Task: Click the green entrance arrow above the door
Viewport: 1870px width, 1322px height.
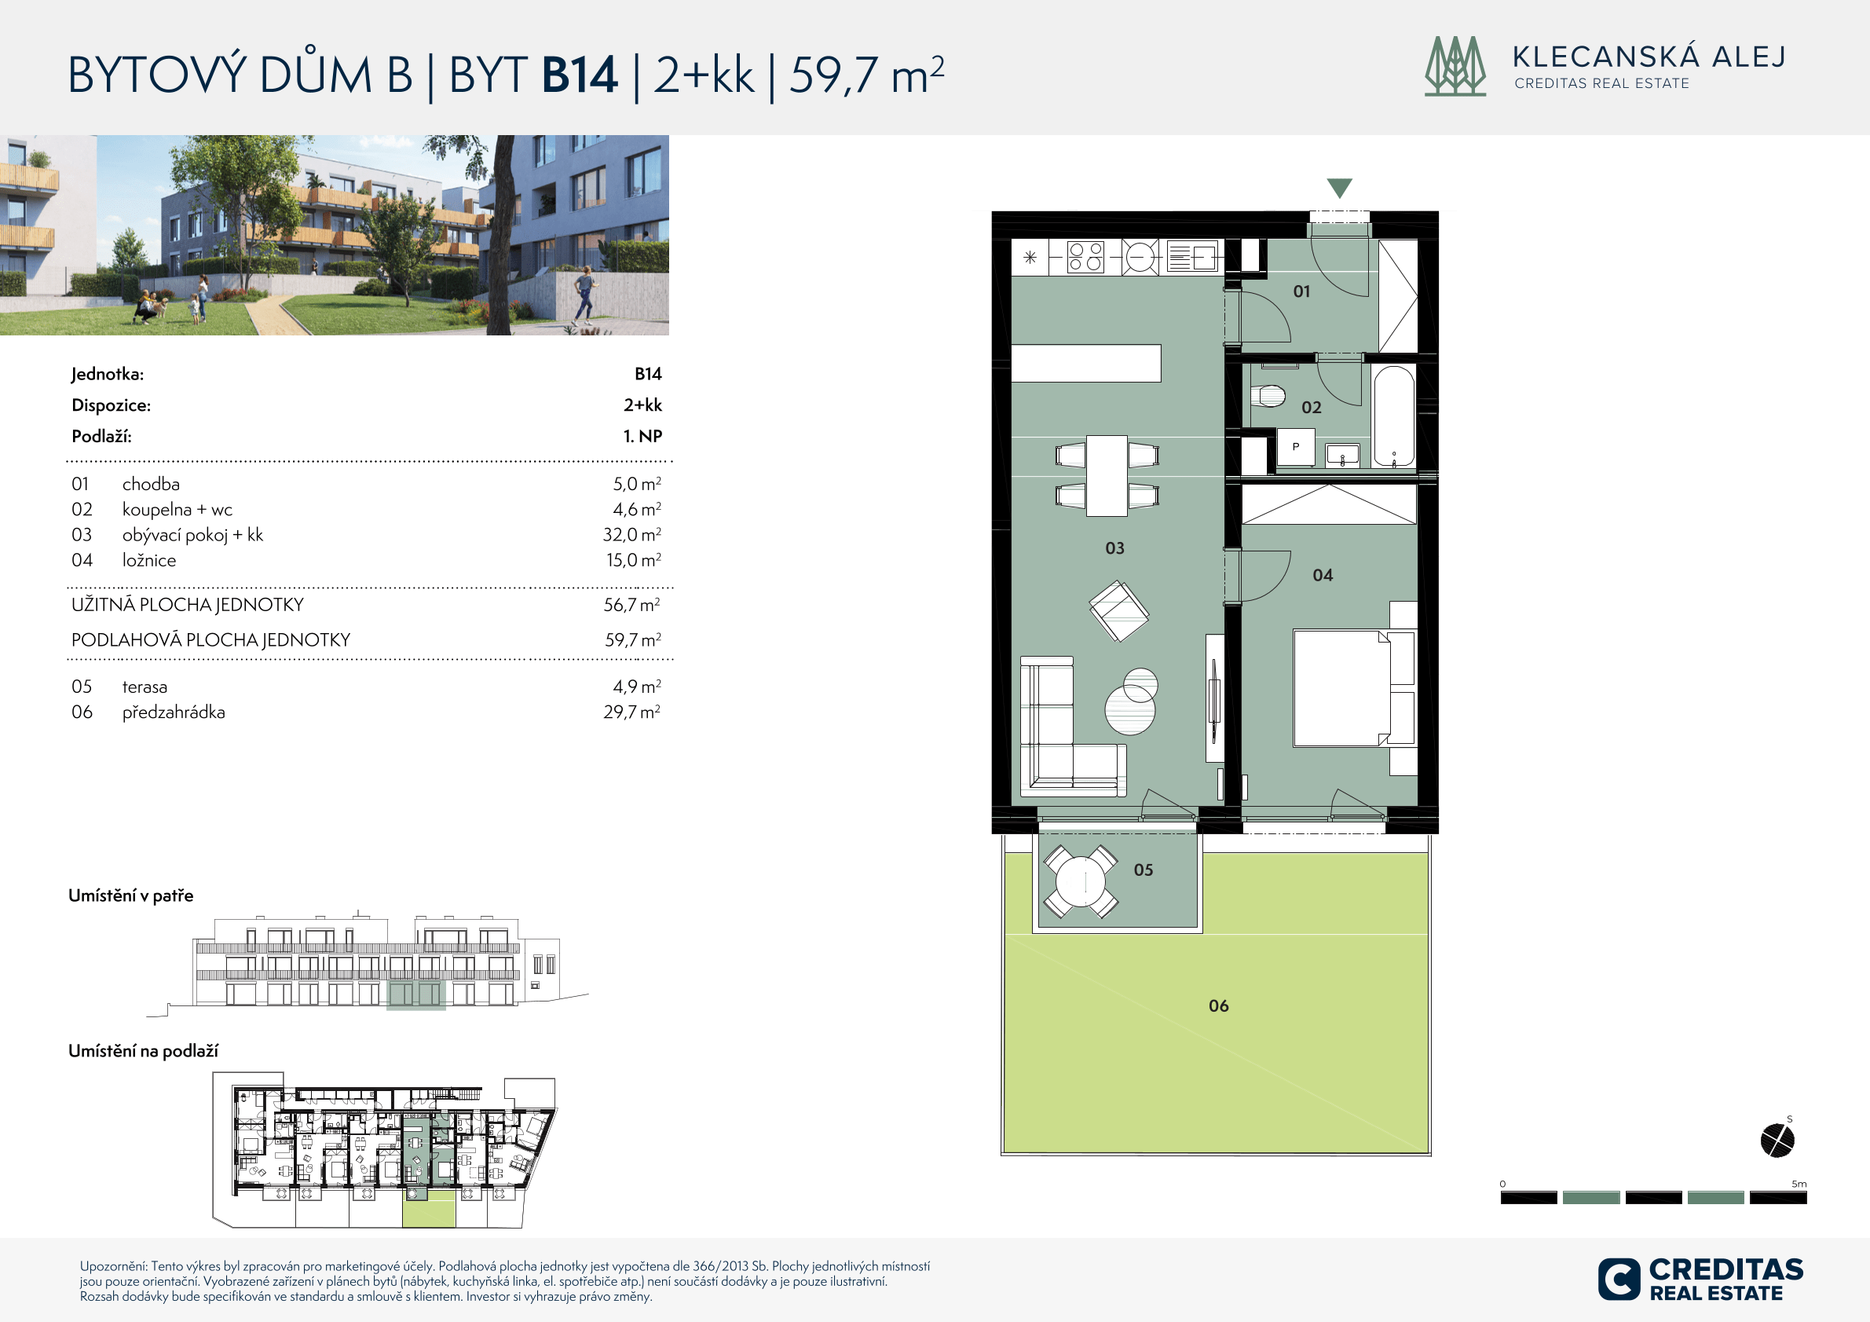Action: (1340, 189)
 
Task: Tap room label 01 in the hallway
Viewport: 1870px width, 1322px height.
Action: (1301, 291)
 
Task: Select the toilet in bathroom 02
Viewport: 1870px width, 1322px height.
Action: (1268, 397)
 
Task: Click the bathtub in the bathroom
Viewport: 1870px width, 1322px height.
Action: (1393, 416)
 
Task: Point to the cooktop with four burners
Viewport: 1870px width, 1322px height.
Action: (1085, 258)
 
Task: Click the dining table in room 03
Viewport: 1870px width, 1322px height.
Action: (1107, 476)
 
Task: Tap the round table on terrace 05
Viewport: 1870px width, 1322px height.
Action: (1081, 881)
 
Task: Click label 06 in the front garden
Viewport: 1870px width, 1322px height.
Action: (1218, 1006)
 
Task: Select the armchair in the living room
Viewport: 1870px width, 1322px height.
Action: (1119, 610)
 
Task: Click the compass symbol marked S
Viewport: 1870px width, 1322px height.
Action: (1777, 1140)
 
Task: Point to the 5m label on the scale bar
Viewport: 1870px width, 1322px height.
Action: (1799, 1184)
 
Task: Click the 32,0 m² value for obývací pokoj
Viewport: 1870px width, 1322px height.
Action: (632, 534)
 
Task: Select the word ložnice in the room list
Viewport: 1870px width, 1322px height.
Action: (149, 560)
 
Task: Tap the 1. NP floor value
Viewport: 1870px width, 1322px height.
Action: (642, 436)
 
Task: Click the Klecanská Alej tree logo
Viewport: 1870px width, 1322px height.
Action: (1455, 66)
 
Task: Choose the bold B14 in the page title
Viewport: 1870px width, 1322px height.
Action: (580, 75)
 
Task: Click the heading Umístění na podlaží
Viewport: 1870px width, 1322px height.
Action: (144, 1051)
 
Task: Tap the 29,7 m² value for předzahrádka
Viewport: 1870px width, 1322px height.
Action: (632, 712)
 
